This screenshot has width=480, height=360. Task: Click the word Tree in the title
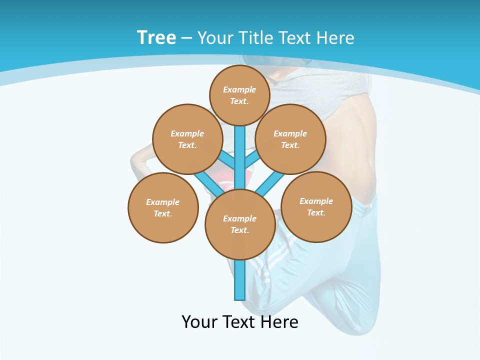click(x=156, y=38)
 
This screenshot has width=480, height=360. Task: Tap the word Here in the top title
click(x=335, y=38)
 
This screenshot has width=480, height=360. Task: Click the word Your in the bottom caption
click(x=199, y=321)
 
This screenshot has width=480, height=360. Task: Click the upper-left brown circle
click(x=187, y=139)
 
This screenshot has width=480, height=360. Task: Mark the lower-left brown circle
click(x=163, y=207)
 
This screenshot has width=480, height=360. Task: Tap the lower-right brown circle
click(x=316, y=206)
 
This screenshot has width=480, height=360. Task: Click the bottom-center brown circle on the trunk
click(x=240, y=224)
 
